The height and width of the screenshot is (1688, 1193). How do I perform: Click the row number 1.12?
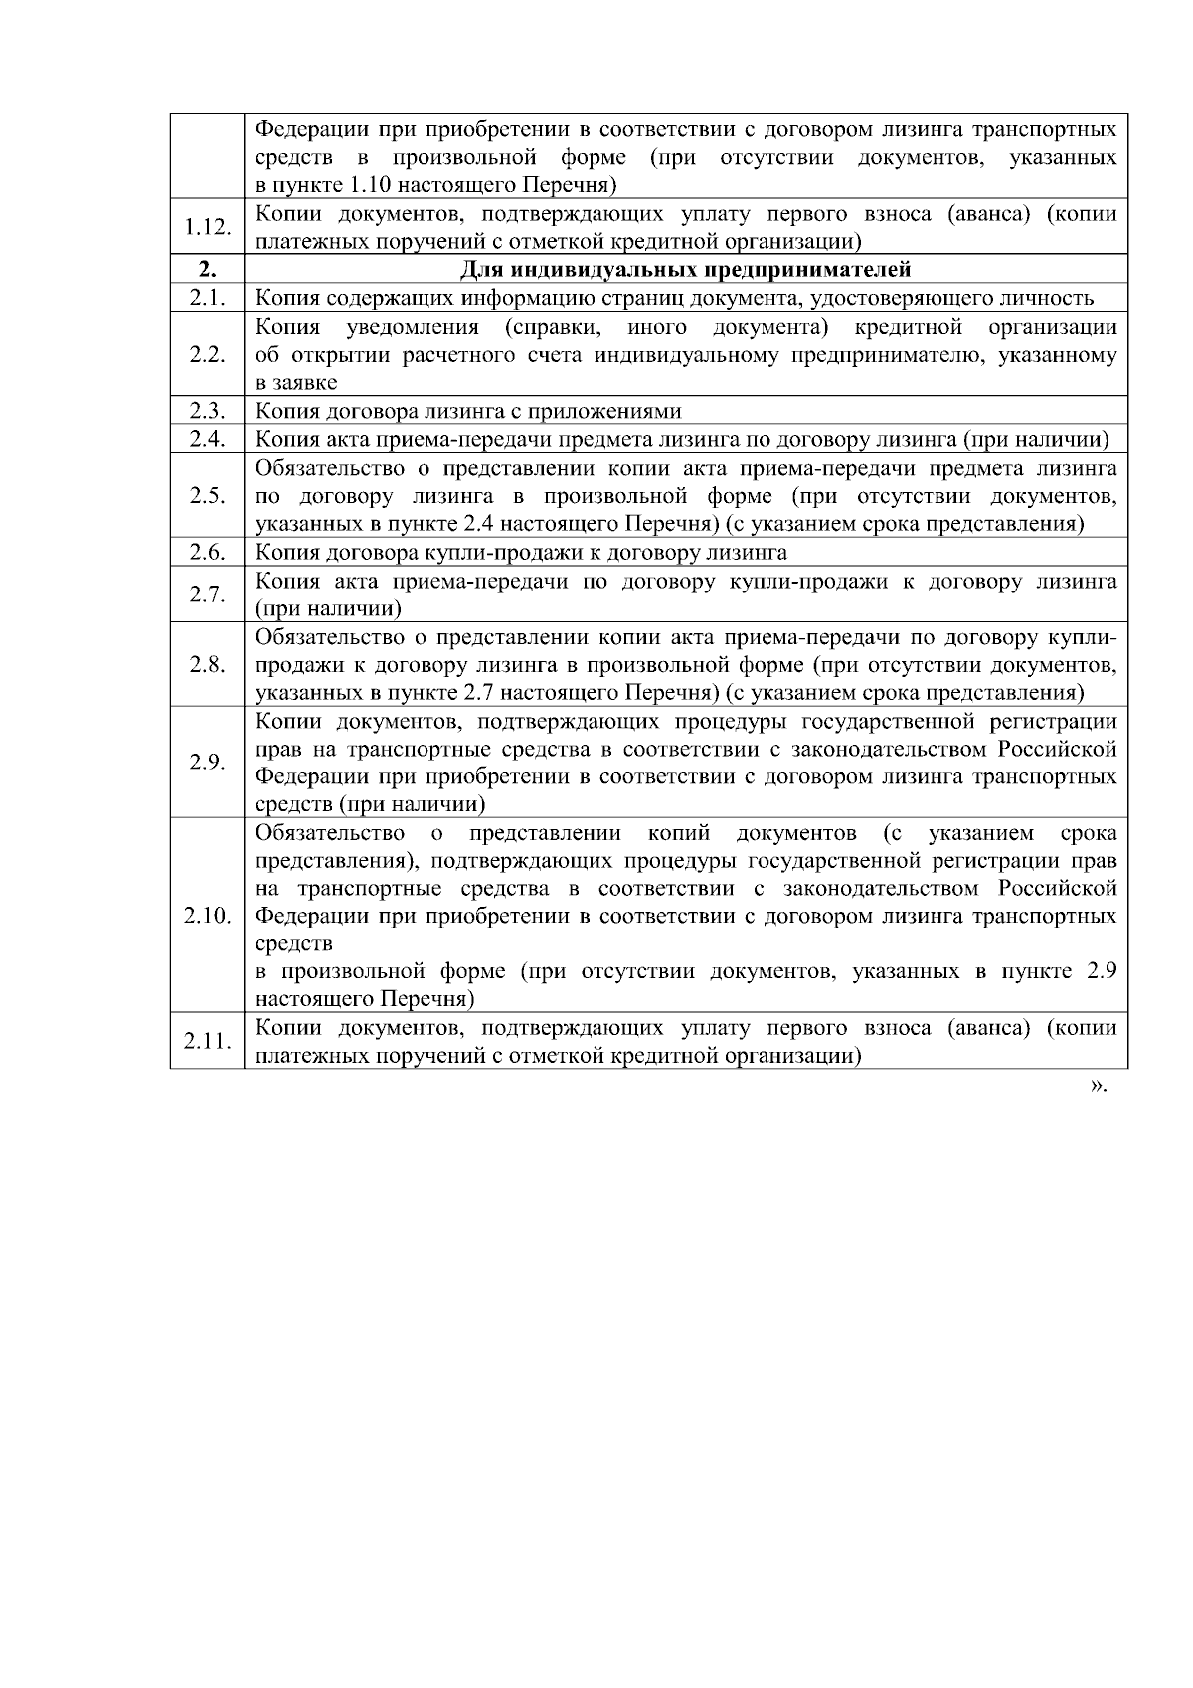point(207,227)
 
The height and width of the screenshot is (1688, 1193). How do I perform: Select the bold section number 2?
point(207,269)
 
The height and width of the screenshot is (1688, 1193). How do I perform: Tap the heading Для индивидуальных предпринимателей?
point(686,269)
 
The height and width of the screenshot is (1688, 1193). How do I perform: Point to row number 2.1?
point(207,297)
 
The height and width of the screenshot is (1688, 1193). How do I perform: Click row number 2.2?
point(207,355)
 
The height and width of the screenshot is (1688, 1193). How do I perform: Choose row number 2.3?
point(207,411)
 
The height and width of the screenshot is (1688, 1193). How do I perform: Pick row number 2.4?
point(207,439)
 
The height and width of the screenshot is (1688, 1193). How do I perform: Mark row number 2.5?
point(207,496)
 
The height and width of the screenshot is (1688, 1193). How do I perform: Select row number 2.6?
point(207,552)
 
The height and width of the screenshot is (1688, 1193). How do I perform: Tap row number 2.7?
point(207,594)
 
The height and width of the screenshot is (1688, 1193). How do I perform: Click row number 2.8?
point(207,664)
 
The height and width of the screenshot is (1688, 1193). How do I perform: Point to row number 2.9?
point(207,761)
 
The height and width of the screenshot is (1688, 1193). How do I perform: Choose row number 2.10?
point(207,915)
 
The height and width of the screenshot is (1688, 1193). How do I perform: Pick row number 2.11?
point(207,1041)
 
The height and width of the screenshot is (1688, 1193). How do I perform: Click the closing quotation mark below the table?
point(1098,1086)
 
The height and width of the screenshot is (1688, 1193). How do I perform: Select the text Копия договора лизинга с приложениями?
point(468,412)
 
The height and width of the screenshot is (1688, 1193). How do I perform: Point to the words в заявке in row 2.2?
point(296,383)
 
